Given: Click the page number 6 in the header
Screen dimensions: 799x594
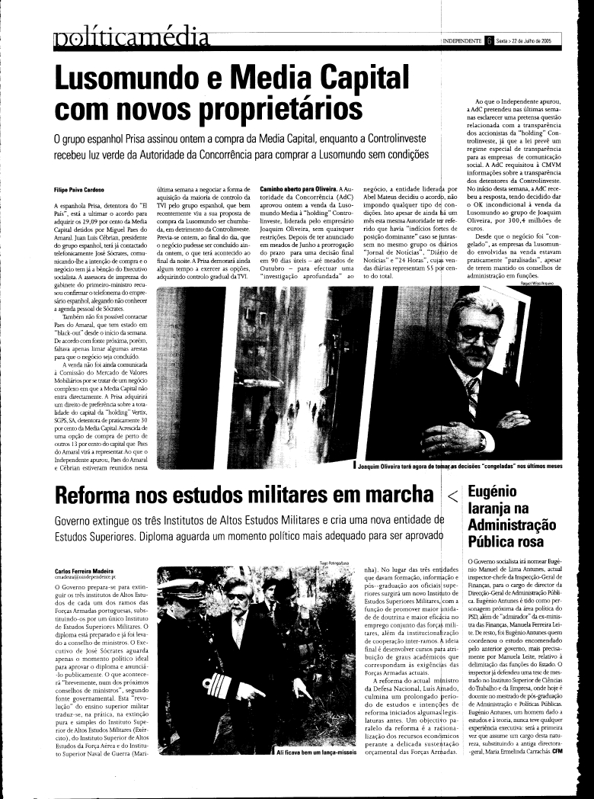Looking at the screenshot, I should point(488,41).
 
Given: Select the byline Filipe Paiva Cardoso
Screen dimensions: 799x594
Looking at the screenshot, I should point(83,188).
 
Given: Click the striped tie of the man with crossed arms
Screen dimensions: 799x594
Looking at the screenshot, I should point(473,396).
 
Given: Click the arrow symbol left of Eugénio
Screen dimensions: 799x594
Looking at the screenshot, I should point(452,496).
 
